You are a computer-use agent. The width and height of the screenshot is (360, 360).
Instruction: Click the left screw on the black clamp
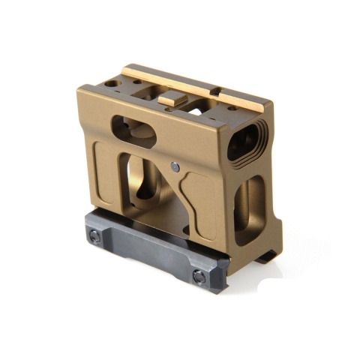[x=94, y=235]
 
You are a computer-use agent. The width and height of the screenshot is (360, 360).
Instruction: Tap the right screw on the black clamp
[x=199, y=277]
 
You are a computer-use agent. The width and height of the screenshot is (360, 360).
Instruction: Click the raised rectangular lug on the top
[x=172, y=100]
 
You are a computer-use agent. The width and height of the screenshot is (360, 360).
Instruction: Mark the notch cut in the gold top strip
[x=216, y=92]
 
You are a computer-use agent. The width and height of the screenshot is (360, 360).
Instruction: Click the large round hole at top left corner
[x=111, y=82]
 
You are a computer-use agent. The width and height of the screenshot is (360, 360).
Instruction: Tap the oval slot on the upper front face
[x=134, y=132]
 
